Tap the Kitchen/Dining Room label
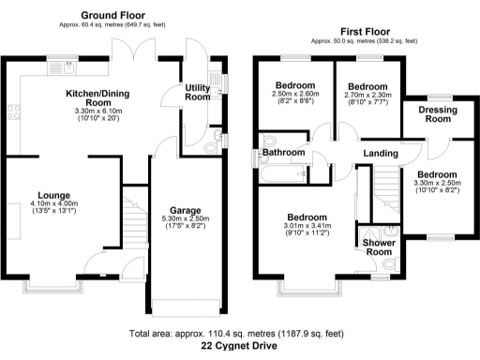click(102, 99)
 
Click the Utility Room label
click(197, 91)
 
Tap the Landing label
click(379, 154)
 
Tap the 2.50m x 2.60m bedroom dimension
click(295, 93)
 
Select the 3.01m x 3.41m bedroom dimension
click(307, 225)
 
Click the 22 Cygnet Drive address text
click(239, 346)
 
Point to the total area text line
click(239, 333)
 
